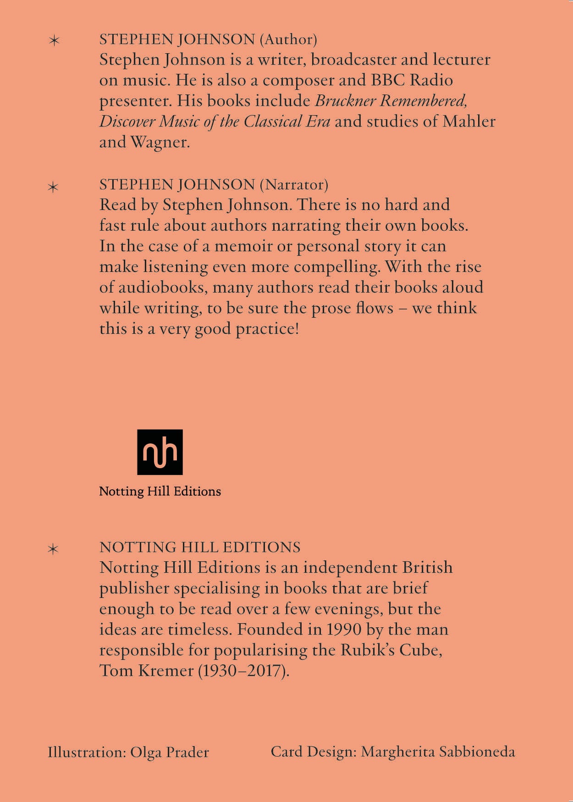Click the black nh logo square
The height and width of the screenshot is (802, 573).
tap(160, 452)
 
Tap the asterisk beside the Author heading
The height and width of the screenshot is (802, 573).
tap(54, 41)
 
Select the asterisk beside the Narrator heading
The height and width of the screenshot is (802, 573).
tap(53, 187)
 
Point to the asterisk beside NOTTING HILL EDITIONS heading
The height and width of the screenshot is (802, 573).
tap(53, 549)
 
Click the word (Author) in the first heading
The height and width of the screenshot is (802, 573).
tap(288, 39)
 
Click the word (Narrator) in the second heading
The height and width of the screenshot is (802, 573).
tap(294, 185)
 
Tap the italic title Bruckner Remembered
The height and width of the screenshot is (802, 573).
tap(391, 100)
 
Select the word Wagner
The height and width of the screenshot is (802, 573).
tap(160, 142)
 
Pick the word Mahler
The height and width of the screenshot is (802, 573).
tap(468, 122)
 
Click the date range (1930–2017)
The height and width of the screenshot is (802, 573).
tap(243, 671)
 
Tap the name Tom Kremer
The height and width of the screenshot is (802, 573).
tap(147, 671)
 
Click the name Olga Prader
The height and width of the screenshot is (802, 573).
tap(169, 752)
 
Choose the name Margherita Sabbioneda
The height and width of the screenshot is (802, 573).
tap(438, 752)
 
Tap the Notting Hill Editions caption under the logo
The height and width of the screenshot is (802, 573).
tap(160, 491)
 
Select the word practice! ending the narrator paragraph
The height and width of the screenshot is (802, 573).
tap(267, 329)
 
